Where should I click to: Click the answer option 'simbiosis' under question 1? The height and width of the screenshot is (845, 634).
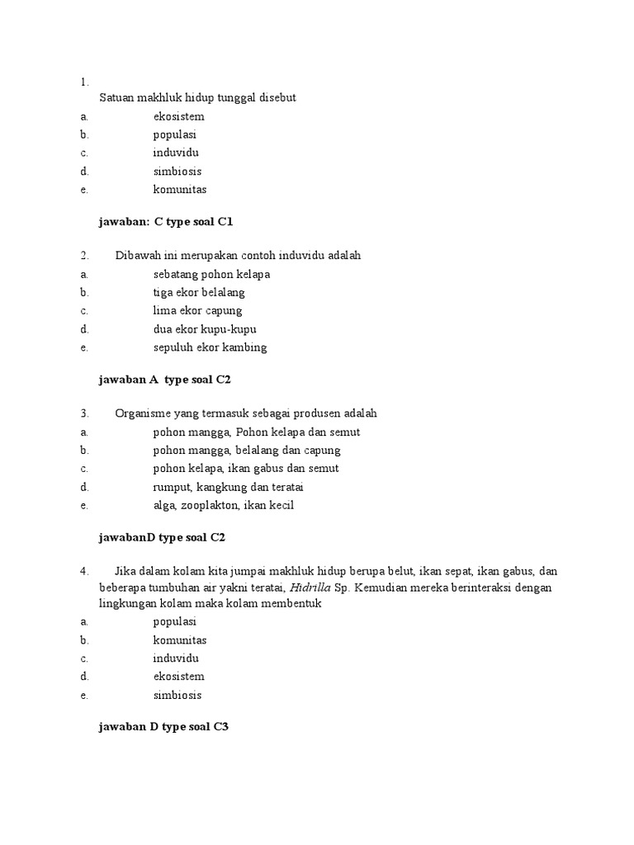(x=177, y=172)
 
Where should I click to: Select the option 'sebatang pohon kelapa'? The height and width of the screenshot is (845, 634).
(x=211, y=274)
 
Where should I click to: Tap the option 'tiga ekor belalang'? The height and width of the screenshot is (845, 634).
(x=199, y=292)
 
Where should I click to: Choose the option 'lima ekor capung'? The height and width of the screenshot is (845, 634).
(x=197, y=310)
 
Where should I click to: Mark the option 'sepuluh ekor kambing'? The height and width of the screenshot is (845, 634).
(x=210, y=347)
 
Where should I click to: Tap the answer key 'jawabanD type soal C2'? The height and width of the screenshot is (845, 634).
(x=162, y=537)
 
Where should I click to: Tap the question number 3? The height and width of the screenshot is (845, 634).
(x=84, y=413)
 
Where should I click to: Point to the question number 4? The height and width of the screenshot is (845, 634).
(x=84, y=571)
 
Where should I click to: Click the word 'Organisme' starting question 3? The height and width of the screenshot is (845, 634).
(x=141, y=413)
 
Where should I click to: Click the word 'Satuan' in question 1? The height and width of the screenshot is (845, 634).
(x=116, y=97)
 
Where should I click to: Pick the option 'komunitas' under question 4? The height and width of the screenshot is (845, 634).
(x=179, y=640)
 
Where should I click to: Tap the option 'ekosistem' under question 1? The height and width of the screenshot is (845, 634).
(x=178, y=116)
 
